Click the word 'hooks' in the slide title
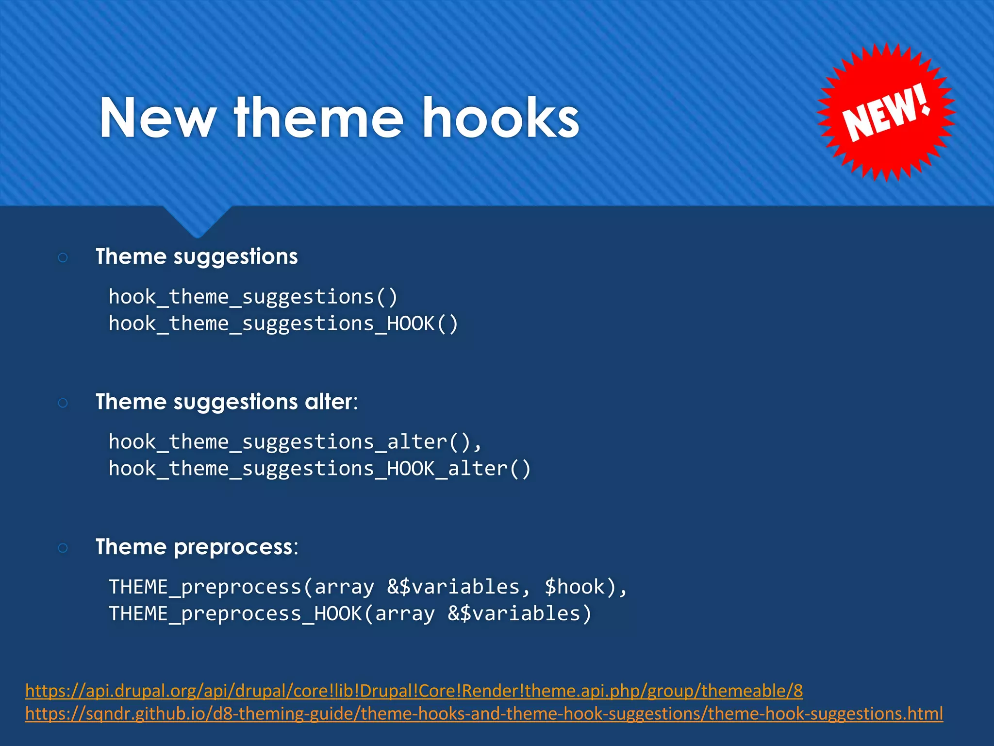click(501, 118)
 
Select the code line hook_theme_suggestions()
click(253, 297)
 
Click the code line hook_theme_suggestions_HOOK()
click(283, 323)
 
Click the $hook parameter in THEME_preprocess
click(574, 587)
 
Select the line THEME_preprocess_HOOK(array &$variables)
click(350, 613)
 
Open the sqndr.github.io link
click(483, 713)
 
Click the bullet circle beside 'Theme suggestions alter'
click(63, 403)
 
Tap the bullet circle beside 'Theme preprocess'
click(63, 548)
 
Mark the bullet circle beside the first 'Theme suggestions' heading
click(63, 257)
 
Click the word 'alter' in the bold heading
click(328, 402)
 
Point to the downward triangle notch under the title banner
click(197, 221)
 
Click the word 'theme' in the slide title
click(318, 118)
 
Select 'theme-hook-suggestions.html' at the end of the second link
click(825, 713)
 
